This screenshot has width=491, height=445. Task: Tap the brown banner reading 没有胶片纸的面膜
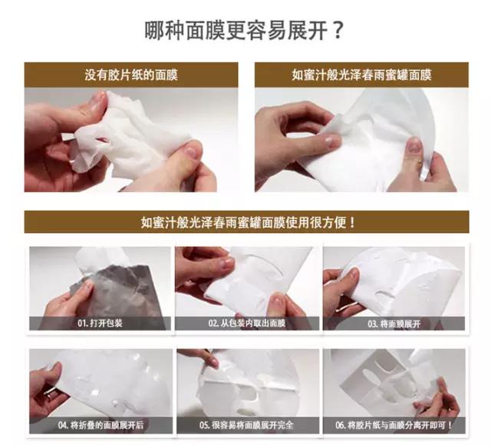click(x=131, y=75)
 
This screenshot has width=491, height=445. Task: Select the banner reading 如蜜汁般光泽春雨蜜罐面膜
click(x=361, y=75)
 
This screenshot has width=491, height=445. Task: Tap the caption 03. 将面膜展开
click(x=394, y=324)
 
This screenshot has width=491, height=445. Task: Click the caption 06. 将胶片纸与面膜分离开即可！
click(x=394, y=424)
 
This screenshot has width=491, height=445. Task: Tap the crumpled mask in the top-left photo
click(x=130, y=134)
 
